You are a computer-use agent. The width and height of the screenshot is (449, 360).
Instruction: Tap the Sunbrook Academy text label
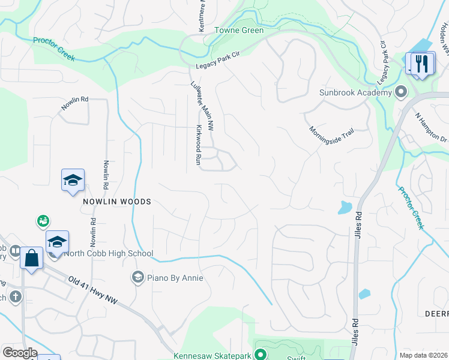click(x=355, y=92)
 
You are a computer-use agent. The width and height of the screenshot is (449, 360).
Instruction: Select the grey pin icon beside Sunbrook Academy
click(x=401, y=92)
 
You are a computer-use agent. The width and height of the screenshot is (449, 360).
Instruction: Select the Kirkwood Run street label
click(x=197, y=145)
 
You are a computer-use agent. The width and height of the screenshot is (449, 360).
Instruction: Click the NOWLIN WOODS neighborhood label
click(x=117, y=202)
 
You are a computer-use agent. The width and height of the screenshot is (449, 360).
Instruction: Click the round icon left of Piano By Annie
click(x=138, y=278)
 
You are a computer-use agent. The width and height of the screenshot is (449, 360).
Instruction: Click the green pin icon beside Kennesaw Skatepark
click(x=261, y=354)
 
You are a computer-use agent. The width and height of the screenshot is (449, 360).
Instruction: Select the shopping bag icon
click(x=31, y=259)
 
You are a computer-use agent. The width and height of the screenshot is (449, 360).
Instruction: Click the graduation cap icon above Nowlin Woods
click(x=73, y=180)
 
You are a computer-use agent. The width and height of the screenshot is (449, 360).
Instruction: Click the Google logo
click(x=20, y=353)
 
